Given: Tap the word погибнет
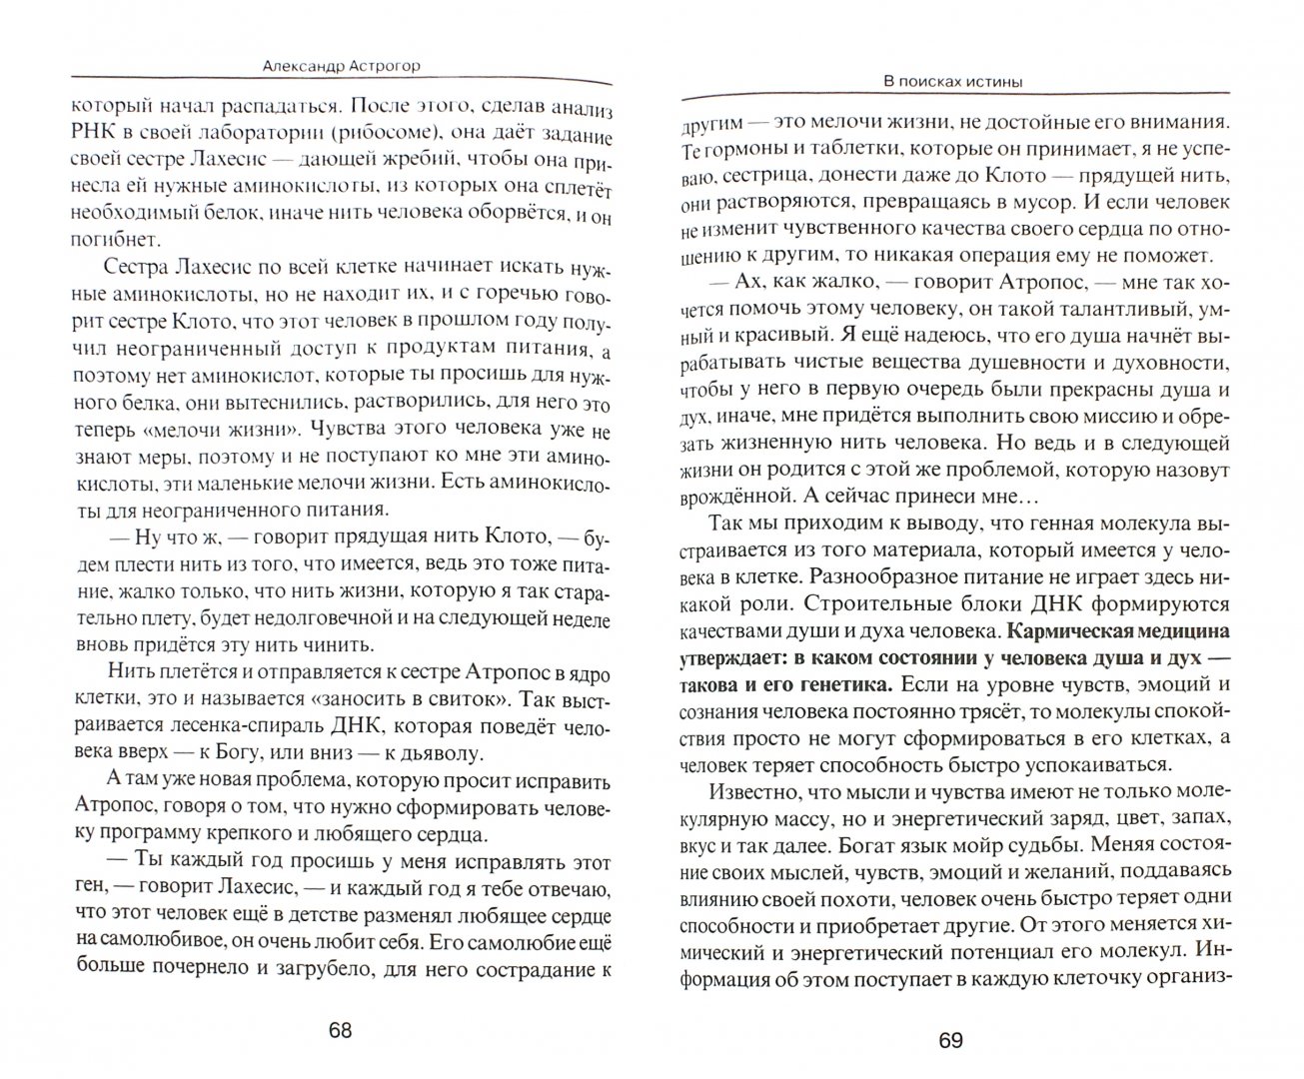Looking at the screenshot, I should click(91, 240).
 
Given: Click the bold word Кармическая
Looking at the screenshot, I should click(1075, 631).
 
